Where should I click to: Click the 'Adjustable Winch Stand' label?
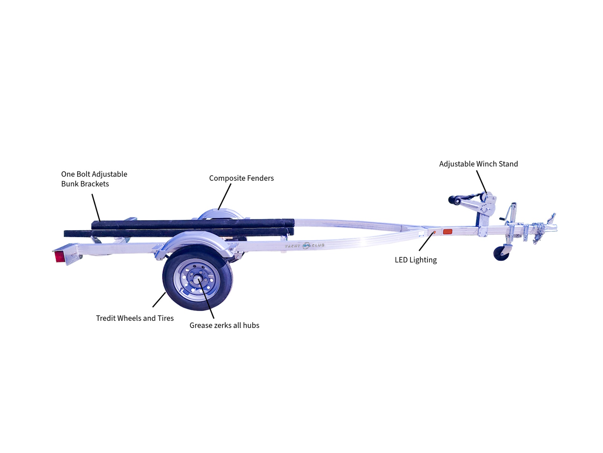coord(478,164)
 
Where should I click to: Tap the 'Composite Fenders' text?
coord(242,178)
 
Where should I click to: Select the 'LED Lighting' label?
coord(416,260)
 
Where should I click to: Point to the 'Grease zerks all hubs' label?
coord(224,325)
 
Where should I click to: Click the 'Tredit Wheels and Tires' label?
coord(135,318)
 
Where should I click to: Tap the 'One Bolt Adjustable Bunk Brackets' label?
coord(94,179)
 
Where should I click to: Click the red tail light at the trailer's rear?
coord(59,257)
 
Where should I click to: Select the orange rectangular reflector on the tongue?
coord(447,232)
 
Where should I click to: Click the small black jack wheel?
coord(501,253)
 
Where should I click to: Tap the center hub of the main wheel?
coord(197,280)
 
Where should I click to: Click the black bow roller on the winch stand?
coord(455,200)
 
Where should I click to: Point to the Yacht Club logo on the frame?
coord(305,246)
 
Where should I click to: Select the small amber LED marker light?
coord(434,233)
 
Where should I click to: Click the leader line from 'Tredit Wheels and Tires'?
coord(159,299)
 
